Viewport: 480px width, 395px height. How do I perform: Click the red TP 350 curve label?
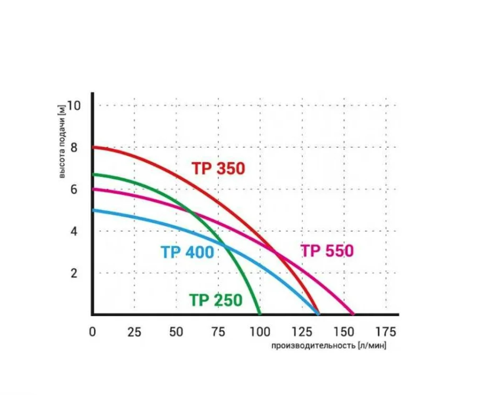218,168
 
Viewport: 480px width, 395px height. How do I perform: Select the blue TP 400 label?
187,252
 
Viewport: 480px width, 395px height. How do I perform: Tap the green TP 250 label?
216,300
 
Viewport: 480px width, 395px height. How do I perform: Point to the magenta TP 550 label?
327,251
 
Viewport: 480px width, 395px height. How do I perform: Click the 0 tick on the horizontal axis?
93,332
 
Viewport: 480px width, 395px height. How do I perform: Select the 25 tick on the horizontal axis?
134,332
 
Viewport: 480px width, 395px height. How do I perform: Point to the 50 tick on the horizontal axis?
176,332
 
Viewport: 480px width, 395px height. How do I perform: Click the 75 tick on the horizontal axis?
218,332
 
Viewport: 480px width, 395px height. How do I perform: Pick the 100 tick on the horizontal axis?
260,332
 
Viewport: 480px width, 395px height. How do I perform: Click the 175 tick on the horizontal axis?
386,332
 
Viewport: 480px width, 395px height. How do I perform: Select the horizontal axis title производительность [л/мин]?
328,346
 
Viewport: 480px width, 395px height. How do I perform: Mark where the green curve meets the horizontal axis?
260,314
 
